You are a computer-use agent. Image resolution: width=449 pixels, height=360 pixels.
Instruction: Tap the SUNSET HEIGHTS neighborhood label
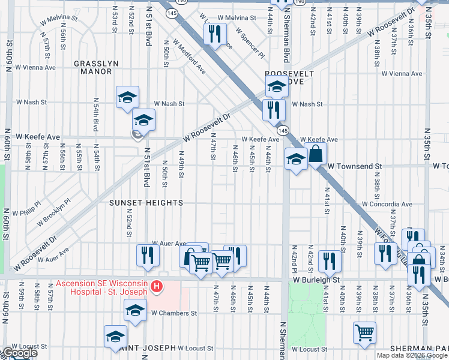(x=146, y=203)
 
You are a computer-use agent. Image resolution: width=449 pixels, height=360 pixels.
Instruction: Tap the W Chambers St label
(x=174, y=313)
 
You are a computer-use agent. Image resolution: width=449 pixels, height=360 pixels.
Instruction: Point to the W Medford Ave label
(x=190, y=58)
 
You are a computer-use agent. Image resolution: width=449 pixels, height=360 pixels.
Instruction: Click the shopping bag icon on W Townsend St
(x=316, y=154)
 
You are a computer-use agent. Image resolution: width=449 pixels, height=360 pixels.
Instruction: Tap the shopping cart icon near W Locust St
(x=364, y=332)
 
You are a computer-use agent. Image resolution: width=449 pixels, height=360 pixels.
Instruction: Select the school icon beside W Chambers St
(x=135, y=310)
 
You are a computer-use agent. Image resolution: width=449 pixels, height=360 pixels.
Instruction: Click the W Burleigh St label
(x=317, y=280)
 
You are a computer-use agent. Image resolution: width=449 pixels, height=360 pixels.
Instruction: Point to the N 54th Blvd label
(x=95, y=115)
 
